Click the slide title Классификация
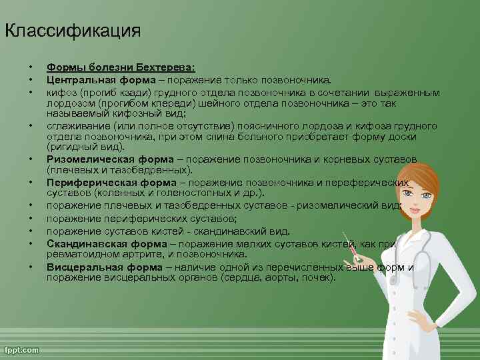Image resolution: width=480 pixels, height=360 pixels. [73, 31]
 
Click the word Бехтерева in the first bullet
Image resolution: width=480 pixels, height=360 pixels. [165, 67]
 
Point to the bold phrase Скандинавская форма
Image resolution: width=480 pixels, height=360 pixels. [97, 243]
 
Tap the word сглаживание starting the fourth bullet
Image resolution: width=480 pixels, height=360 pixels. [75, 125]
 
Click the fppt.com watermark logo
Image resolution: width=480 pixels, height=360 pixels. [21, 350]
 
